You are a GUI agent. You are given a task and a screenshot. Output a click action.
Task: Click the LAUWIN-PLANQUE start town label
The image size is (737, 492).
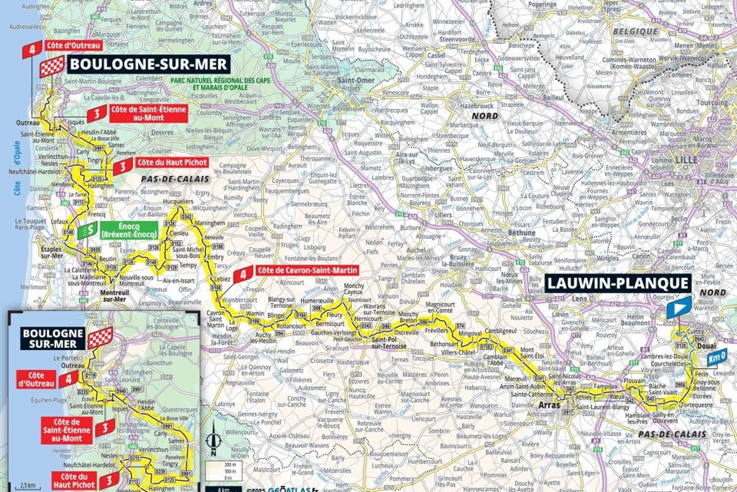618,283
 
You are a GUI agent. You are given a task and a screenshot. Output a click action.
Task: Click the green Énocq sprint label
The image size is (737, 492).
128,230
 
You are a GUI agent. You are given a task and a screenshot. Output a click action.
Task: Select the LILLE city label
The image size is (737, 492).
685,159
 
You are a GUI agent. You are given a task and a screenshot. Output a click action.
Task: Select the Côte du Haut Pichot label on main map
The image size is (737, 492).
173,163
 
